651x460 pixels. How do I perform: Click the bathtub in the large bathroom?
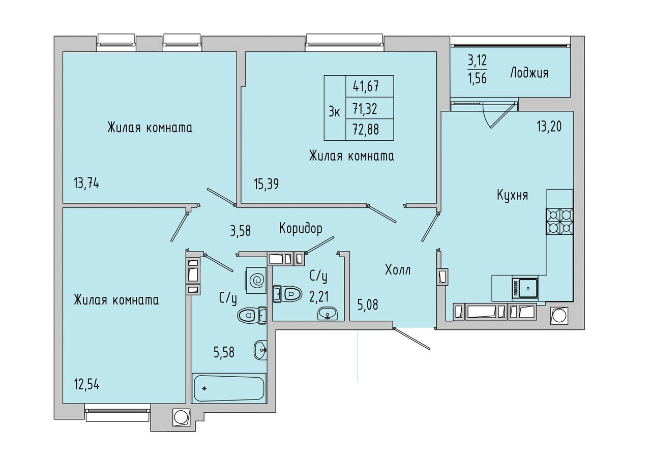229,388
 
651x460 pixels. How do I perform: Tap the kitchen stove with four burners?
560,222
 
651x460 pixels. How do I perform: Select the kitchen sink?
525,288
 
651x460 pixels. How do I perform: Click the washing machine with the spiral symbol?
256,281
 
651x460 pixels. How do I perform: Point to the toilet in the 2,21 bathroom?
286,294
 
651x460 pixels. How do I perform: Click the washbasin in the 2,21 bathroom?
328,314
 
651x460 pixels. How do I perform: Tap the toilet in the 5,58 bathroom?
252,315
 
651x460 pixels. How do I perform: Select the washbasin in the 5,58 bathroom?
260,350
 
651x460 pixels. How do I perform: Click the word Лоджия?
529,73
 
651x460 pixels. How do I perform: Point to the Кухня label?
512,195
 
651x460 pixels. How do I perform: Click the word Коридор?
301,229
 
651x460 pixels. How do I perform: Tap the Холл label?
398,270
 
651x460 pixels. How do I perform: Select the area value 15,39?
266,184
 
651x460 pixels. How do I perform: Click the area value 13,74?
86,184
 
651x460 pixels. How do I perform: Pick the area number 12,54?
86,385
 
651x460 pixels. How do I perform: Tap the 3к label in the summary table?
335,111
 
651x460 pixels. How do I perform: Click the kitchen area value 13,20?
549,127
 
